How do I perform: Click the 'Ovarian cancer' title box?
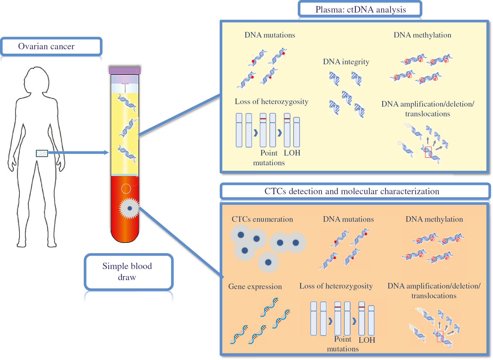(x=51, y=46)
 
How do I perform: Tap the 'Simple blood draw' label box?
(x=128, y=272)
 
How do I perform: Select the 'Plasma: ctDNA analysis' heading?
(x=360, y=9)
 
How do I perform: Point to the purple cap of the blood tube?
(x=125, y=70)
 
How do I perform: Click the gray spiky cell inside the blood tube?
(x=129, y=208)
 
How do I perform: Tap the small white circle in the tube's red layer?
(x=126, y=189)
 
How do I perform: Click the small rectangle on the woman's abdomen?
(x=42, y=153)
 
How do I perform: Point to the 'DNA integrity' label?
(x=346, y=62)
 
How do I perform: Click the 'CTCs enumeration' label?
(x=262, y=219)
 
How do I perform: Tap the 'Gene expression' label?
(x=255, y=287)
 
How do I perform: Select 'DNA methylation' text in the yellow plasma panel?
(x=422, y=35)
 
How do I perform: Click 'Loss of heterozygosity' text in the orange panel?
(x=336, y=286)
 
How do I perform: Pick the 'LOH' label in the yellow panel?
(x=292, y=153)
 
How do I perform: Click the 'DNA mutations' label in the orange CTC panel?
(x=348, y=219)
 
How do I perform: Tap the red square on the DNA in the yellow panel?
(x=428, y=152)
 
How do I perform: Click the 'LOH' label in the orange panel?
(x=367, y=340)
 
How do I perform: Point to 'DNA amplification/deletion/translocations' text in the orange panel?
(x=434, y=291)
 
